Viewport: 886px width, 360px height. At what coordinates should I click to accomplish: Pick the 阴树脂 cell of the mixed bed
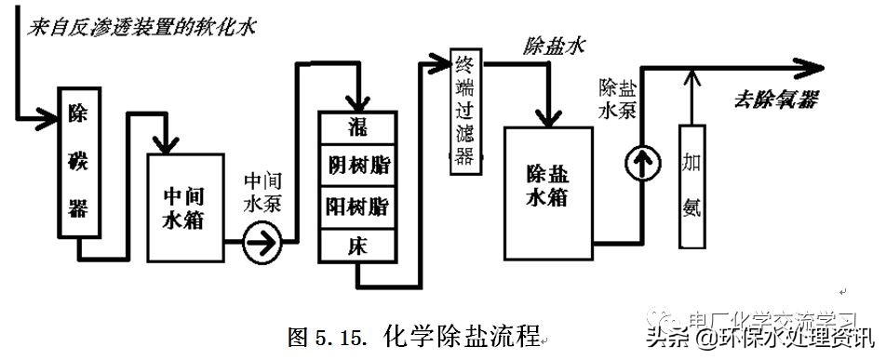point(358,167)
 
